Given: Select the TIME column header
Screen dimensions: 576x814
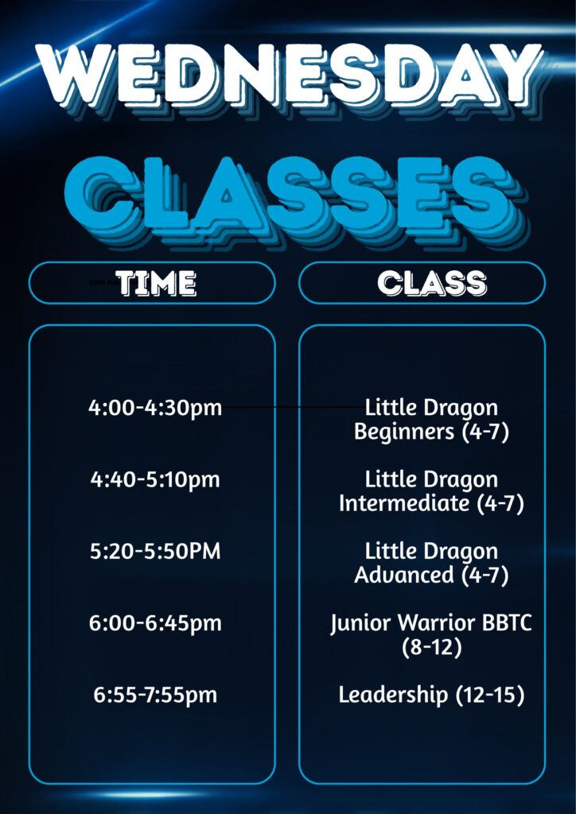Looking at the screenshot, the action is [156, 284].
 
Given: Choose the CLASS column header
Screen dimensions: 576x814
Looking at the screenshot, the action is [432, 284].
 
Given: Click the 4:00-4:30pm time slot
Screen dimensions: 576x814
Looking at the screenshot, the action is [155, 409].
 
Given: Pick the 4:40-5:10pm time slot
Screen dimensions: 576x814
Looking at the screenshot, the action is [155, 480].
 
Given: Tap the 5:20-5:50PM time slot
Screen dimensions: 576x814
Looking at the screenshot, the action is [155, 552].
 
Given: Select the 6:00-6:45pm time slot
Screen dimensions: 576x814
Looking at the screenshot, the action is [155, 623].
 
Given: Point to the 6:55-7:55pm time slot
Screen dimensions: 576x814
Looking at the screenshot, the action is [155, 695].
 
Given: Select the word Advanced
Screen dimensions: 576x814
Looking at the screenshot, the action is [404, 576].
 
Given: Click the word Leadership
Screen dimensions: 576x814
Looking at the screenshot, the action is [393, 695].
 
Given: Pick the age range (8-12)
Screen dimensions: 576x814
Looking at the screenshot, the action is [432, 647].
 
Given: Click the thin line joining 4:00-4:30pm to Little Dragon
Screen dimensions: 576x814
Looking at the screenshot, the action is [294, 408].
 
